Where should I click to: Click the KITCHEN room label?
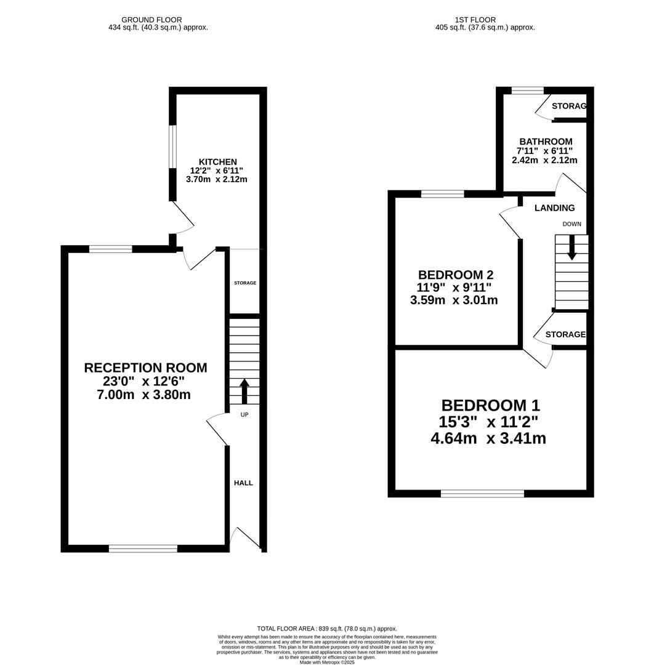[x=218, y=162]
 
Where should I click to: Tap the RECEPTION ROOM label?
[x=145, y=368]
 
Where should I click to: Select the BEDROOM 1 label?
[x=491, y=405]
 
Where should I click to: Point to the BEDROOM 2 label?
[x=456, y=275]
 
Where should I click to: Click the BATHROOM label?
[x=546, y=142]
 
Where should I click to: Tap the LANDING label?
[x=555, y=208]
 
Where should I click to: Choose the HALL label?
[x=243, y=483]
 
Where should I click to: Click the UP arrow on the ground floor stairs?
[x=244, y=391]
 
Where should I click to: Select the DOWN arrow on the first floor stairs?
[x=571, y=248]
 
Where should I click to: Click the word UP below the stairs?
[x=244, y=415]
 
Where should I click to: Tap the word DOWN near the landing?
[x=571, y=224]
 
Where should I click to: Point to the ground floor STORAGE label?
[x=245, y=283]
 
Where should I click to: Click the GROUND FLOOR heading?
[x=151, y=20]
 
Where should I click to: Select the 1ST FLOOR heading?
[x=475, y=20]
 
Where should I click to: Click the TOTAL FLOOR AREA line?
[x=327, y=629]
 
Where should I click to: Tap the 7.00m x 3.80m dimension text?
[x=143, y=395]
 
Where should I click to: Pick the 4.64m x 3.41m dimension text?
[x=488, y=438]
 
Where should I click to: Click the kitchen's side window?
[x=172, y=147]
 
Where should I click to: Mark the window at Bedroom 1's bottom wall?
[x=483, y=493]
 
